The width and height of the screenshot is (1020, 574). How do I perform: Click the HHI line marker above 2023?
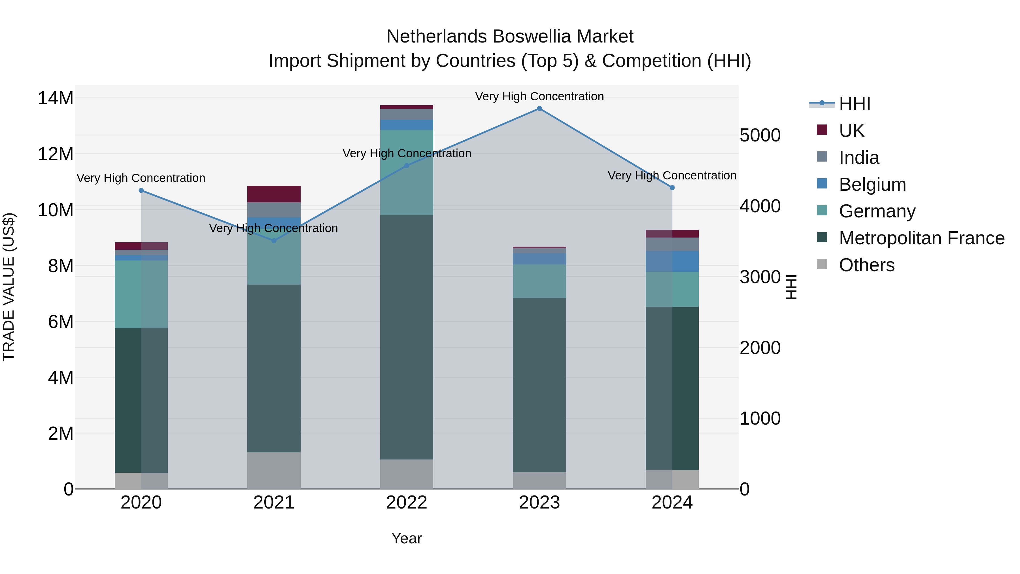point(539,109)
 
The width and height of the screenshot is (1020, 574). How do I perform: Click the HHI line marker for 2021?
point(274,241)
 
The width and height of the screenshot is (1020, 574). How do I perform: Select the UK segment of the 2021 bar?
point(274,194)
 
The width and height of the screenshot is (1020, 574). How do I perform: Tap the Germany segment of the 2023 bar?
point(539,281)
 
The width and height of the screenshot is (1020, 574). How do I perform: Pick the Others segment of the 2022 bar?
point(407,474)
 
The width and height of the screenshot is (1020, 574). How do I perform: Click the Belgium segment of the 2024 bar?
point(672,261)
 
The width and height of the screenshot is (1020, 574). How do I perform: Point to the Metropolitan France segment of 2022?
point(407,337)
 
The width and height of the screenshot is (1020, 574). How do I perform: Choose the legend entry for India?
point(858,158)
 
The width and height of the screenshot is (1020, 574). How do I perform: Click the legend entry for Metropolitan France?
point(921,238)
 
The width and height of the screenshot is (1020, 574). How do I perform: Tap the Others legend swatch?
point(822,264)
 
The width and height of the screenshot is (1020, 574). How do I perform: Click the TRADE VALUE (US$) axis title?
point(9,287)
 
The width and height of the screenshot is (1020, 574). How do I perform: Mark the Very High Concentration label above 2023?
point(539,96)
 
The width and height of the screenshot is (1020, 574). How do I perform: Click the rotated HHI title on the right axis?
point(791,287)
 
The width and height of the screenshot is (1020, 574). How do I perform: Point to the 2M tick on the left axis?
point(60,433)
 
